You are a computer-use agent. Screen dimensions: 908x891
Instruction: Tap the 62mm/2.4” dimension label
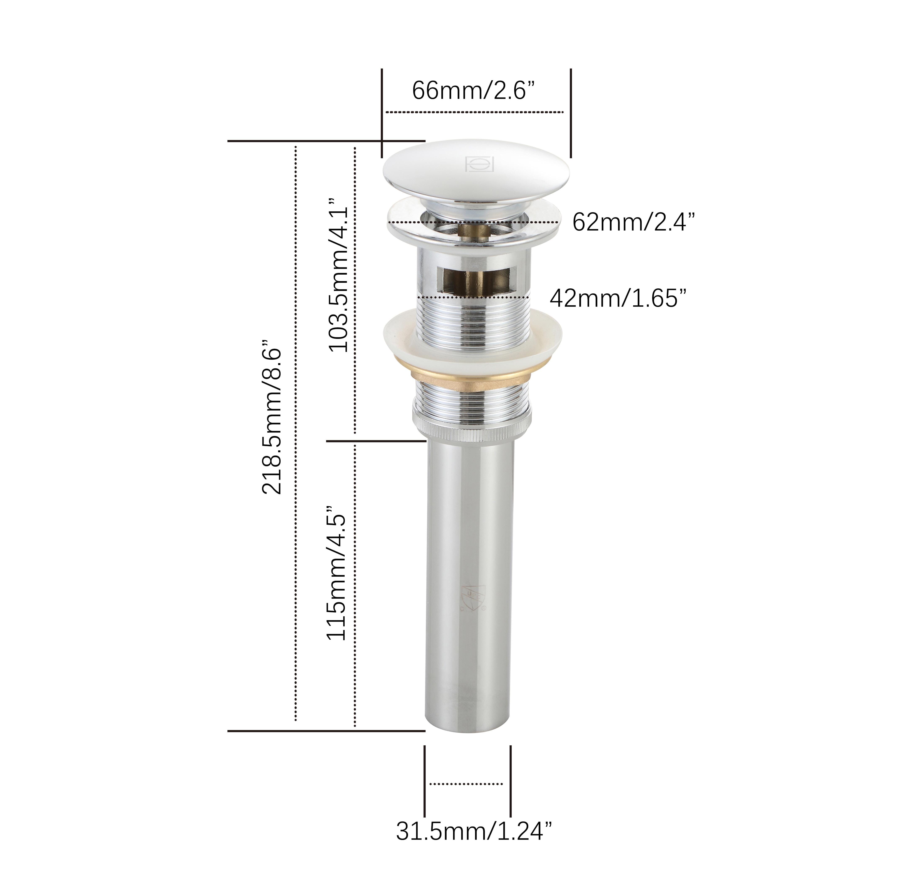pos(633,222)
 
